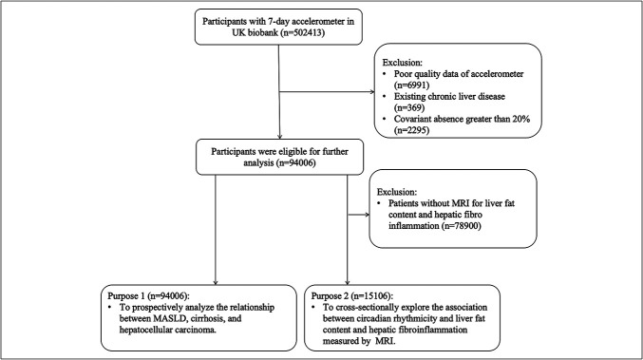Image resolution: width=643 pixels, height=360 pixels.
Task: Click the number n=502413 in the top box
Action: pyautogui.click(x=304, y=32)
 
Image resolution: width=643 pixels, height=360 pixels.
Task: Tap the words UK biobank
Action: pyautogui.click(x=255, y=32)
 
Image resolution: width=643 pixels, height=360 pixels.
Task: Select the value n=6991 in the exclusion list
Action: pyautogui.click(x=411, y=85)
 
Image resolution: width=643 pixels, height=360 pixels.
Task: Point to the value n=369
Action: pyautogui.click(x=409, y=108)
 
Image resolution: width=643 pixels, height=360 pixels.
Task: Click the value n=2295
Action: pyautogui.click(x=411, y=130)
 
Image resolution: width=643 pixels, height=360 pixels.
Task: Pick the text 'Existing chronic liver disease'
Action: pyautogui.click(x=449, y=97)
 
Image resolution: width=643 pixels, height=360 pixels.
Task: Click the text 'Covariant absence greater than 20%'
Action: pyautogui.click(x=463, y=120)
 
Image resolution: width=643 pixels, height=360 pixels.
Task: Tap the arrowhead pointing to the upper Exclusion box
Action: pyautogui.click(x=372, y=92)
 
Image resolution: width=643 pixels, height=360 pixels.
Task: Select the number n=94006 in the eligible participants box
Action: pyautogui.click(x=295, y=163)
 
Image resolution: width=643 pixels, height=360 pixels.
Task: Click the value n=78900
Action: pyautogui.click(x=462, y=226)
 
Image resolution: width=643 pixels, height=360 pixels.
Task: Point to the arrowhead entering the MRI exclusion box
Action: pyautogui.click(x=367, y=215)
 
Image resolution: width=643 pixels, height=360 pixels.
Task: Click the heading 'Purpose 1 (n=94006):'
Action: pyautogui.click(x=148, y=296)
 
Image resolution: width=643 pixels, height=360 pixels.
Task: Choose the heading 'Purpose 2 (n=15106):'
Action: pyautogui.click(x=352, y=296)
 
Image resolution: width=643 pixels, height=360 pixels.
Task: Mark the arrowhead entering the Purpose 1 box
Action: pyautogui.click(x=216, y=282)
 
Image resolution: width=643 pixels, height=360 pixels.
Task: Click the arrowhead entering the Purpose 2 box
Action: pyautogui.click(x=348, y=282)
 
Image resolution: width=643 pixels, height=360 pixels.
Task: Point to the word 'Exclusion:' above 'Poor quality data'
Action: pyautogui.click(x=403, y=63)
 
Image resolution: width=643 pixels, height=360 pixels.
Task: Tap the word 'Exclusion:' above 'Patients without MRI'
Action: pyautogui.click(x=397, y=192)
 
